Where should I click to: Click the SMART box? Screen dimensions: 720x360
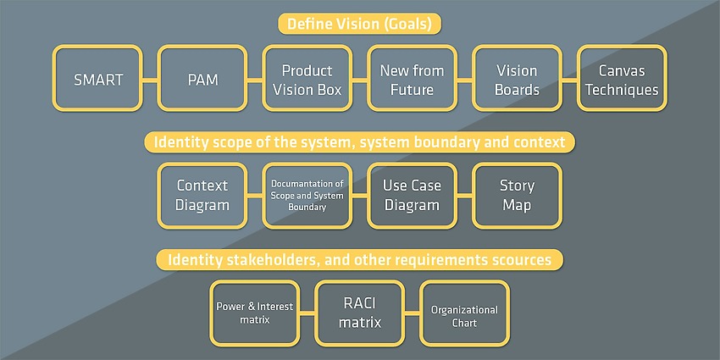point(97,78)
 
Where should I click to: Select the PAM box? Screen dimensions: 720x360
point(202,78)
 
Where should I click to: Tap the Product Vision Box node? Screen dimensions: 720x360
point(307,78)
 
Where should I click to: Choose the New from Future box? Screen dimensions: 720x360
point(413,78)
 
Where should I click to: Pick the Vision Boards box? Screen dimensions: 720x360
point(517,78)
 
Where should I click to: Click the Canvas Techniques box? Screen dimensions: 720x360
point(623,78)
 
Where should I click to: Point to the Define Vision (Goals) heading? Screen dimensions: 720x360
point(359,24)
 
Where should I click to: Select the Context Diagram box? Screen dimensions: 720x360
point(202,196)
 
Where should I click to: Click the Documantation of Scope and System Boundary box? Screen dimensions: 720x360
point(307,196)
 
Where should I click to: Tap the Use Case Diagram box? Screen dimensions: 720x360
point(413,196)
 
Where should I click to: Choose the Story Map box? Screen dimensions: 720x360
point(517,196)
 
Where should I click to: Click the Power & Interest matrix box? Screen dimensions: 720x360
point(255,313)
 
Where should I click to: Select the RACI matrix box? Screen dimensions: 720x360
point(360,313)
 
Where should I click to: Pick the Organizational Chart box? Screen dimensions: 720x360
point(465,313)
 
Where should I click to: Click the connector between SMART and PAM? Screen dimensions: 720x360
point(150,80)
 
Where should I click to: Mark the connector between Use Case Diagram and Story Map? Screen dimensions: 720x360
point(465,196)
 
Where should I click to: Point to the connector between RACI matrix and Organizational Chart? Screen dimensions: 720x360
point(413,313)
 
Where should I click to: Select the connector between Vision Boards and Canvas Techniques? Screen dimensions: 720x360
point(570,80)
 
